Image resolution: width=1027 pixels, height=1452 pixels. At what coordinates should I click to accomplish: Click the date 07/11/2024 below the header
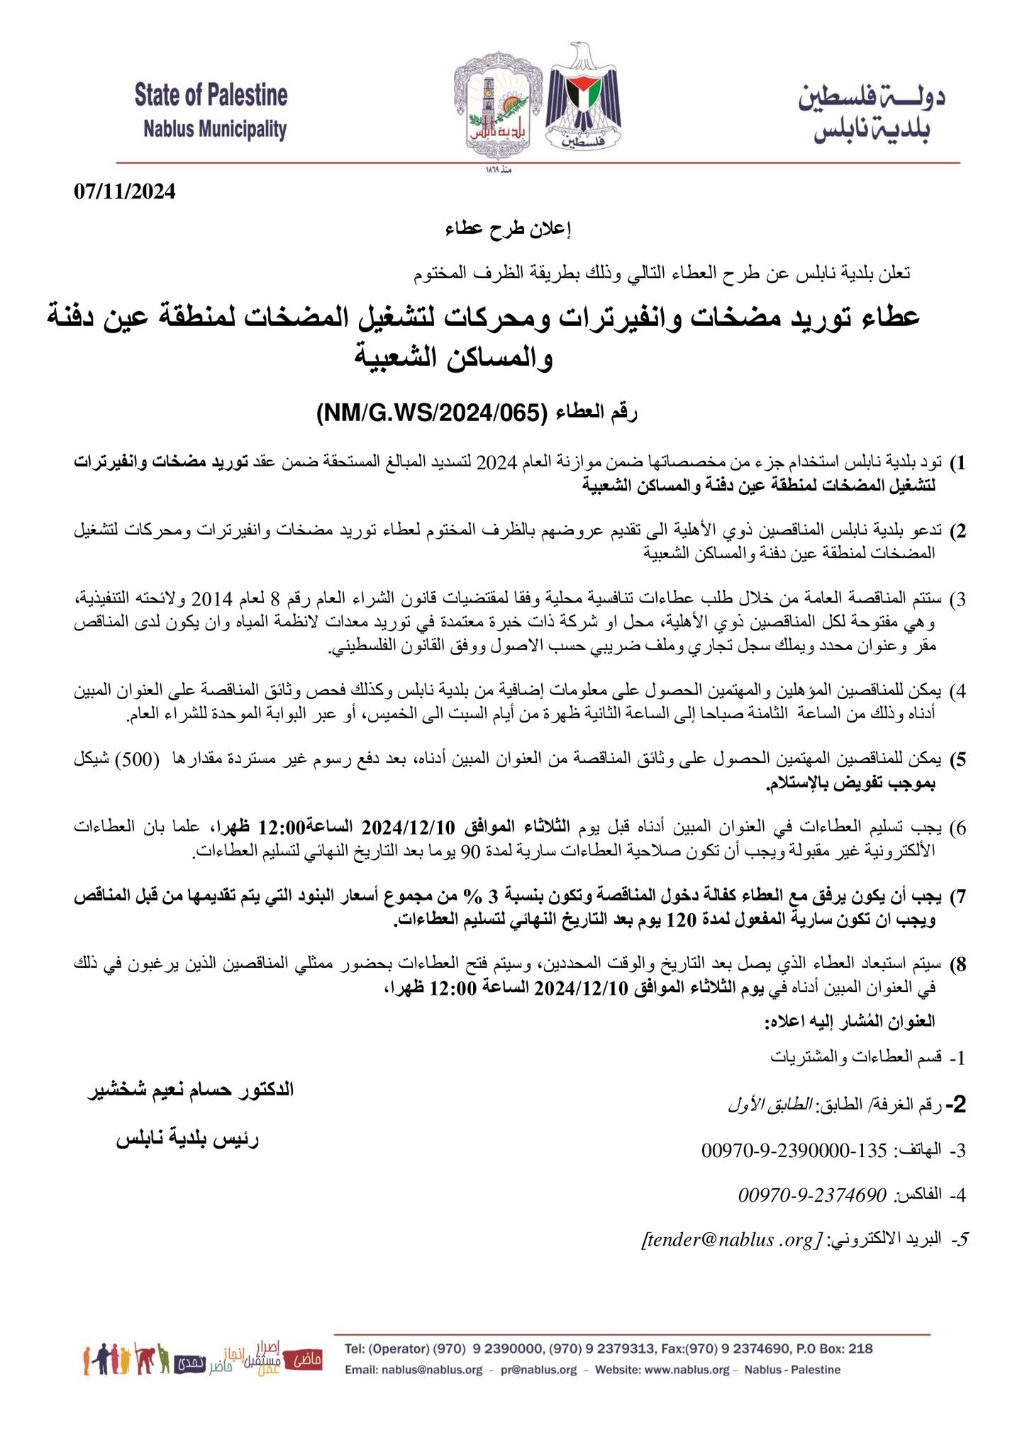pos(123,192)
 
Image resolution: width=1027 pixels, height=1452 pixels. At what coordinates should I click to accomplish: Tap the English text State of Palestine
pos(211,96)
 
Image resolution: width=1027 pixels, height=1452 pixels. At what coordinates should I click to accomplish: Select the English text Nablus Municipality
pos(214,129)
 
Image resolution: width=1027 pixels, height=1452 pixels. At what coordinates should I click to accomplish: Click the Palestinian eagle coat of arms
pos(584,99)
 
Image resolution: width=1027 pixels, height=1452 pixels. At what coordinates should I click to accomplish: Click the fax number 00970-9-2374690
pos(813,1195)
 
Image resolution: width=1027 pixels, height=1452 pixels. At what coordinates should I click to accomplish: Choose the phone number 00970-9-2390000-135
pos(794,1151)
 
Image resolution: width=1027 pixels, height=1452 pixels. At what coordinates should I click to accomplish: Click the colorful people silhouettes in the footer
pos(127,1358)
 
